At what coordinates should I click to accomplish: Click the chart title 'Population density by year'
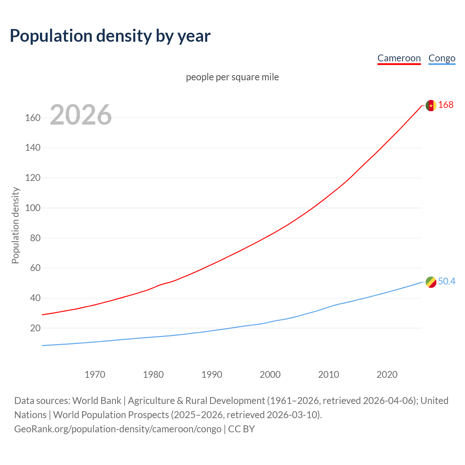click(110, 36)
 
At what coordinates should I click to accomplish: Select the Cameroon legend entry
click(399, 58)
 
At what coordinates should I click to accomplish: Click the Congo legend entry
click(442, 58)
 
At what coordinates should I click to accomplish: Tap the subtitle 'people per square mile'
click(232, 77)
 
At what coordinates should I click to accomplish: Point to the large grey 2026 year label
click(81, 115)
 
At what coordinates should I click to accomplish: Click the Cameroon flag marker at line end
click(431, 105)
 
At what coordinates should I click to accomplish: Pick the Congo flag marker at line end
click(431, 282)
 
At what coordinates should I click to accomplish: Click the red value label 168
click(446, 105)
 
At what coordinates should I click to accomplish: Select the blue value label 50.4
click(446, 282)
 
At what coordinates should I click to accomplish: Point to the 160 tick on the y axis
click(33, 118)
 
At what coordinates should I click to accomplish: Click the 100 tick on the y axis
click(33, 208)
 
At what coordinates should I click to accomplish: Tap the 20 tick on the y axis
click(35, 328)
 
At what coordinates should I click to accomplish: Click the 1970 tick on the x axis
click(95, 375)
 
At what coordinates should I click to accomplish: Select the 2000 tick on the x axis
click(270, 375)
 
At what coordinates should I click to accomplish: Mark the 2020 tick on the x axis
click(387, 375)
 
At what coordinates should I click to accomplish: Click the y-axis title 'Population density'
click(15, 225)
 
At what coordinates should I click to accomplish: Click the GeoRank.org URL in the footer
click(118, 429)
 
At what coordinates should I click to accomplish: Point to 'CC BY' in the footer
click(241, 429)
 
